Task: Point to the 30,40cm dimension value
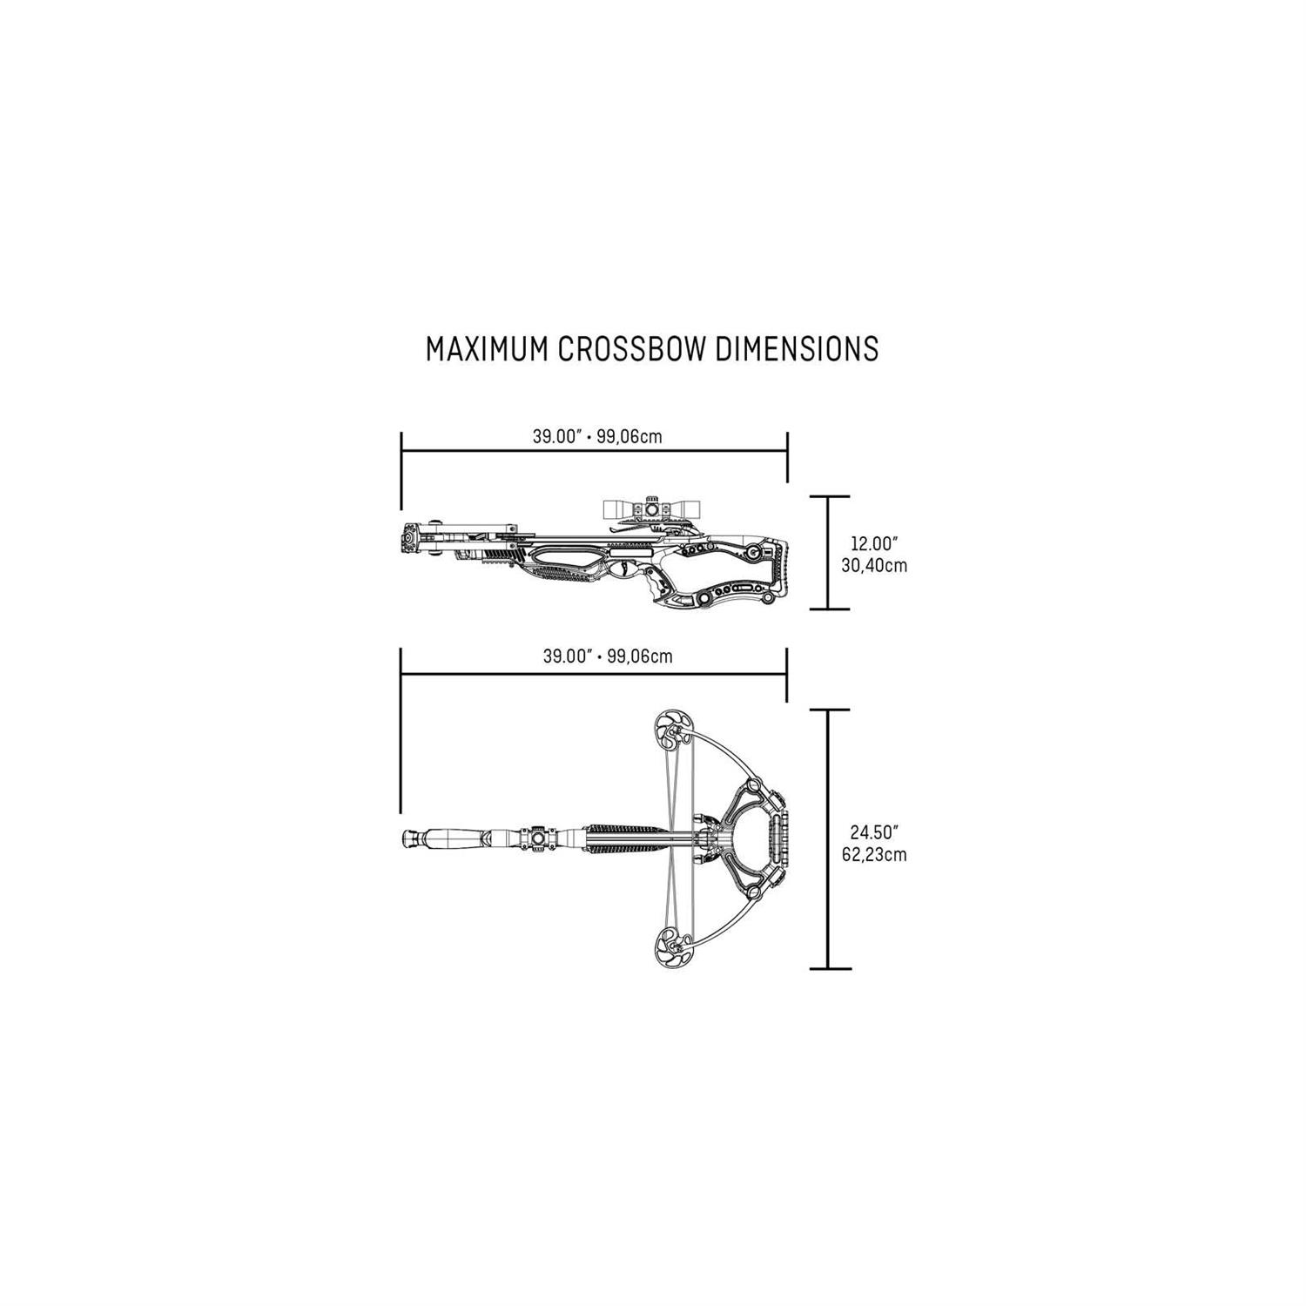tap(874, 566)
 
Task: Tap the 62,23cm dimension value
tap(874, 855)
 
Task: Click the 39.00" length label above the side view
tap(556, 436)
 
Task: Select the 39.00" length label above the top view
tap(567, 656)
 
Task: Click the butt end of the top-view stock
tap(412, 838)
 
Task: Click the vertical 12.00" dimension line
tap(826, 552)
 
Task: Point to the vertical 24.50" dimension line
tap(826, 838)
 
